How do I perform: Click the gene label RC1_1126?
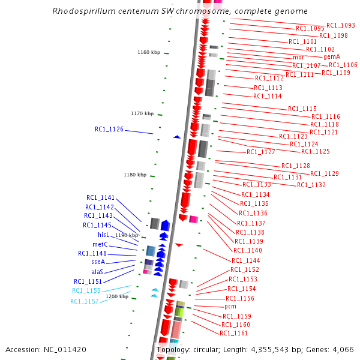click(x=109, y=129)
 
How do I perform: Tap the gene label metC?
click(x=100, y=244)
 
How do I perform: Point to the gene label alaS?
click(x=98, y=272)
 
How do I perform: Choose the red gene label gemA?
click(x=332, y=56)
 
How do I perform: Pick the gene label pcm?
click(x=230, y=307)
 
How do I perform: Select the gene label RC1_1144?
click(x=245, y=260)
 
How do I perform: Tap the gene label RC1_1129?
click(x=324, y=173)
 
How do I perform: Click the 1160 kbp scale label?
click(x=149, y=52)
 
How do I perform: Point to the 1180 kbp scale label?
click(x=135, y=175)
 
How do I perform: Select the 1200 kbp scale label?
click(x=117, y=296)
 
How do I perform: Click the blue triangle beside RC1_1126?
click(x=176, y=137)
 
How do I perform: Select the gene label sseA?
click(x=98, y=262)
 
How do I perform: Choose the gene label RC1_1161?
click(x=233, y=333)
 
